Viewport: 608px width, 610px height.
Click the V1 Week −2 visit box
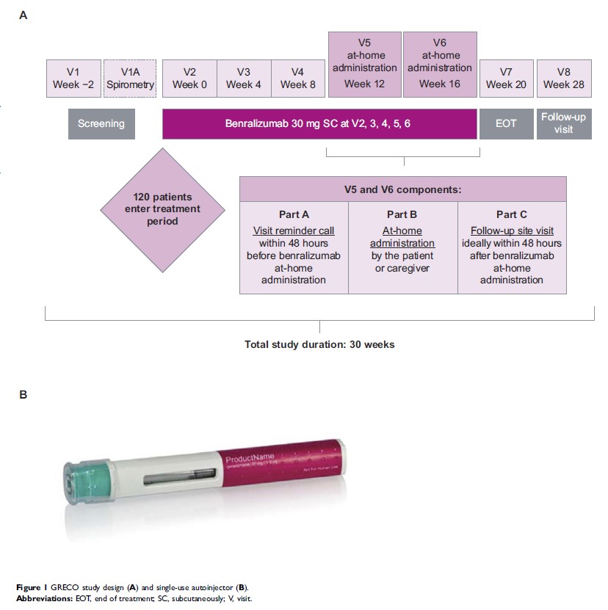pyautogui.click(x=73, y=79)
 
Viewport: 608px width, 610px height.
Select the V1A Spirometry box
pyautogui.click(x=130, y=79)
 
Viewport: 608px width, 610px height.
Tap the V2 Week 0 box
pyautogui.click(x=189, y=79)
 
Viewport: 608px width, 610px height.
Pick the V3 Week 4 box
pyautogui.click(x=244, y=79)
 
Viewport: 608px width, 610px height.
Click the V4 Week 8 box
pyautogui.click(x=297, y=79)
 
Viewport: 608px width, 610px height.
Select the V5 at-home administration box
pyautogui.click(x=364, y=65)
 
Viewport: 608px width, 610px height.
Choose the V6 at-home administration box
pyautogui.click(x=440, y=65)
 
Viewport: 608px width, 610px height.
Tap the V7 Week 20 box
pyautogui.click(x=506, y=79)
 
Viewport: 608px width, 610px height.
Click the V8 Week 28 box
pyautogui.click(x=564, y=79)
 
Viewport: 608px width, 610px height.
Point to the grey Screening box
pyautogui.click(x=102, y=123)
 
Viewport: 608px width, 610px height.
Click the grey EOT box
pyautogui.click(x=506, y=123)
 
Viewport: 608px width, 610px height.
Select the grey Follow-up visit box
pyautogui.click(x=564, y=123)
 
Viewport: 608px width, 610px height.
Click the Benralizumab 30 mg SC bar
pyautogui.click(x=319, y=123)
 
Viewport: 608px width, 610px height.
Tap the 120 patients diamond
pyautogui.click(x=162, y=208)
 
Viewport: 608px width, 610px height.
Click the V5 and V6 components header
pyautogui.click(x=403, y=189)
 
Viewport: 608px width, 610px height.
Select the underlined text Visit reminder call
pyautogui.click(x=294, y=230)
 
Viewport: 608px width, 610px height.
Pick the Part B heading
pyautogui.click(x=402, y=214)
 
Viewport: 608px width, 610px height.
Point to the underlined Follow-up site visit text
pyautogui.click(x=512, y=230)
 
